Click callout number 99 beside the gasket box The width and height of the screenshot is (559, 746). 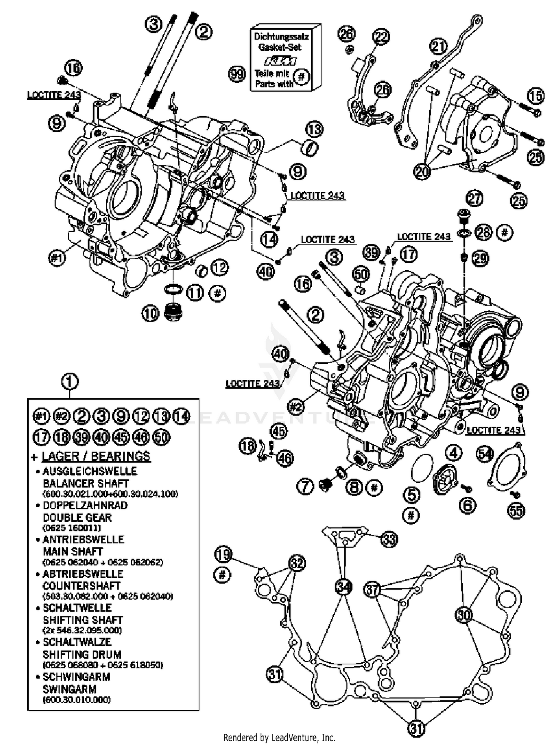coord(237,74)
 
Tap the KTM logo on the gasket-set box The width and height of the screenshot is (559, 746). coord(280,61)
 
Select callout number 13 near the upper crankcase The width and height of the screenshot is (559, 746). coord(314,130)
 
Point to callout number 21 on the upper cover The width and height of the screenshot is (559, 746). coord(439,47)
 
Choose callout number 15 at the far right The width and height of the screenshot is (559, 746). coord(536,96)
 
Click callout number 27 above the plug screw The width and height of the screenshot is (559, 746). coord(474,199)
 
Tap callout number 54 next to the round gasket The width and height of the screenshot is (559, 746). coord(485,454)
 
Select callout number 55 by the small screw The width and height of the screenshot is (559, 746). coord(516,510)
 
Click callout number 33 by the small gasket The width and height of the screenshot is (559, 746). coord(389,539)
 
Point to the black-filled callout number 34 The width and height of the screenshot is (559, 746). coord(343,587)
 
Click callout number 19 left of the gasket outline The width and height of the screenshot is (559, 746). coord(223,554)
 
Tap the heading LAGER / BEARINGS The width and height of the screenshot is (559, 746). coord(96,456)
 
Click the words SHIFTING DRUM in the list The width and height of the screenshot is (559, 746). coord(82,654)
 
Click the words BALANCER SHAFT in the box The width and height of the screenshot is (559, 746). coord(86,483)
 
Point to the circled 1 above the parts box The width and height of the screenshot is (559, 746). coord(70,382)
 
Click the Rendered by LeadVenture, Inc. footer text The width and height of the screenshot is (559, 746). coord(279,737)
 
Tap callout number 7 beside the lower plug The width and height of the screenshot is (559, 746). coord(306,487)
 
